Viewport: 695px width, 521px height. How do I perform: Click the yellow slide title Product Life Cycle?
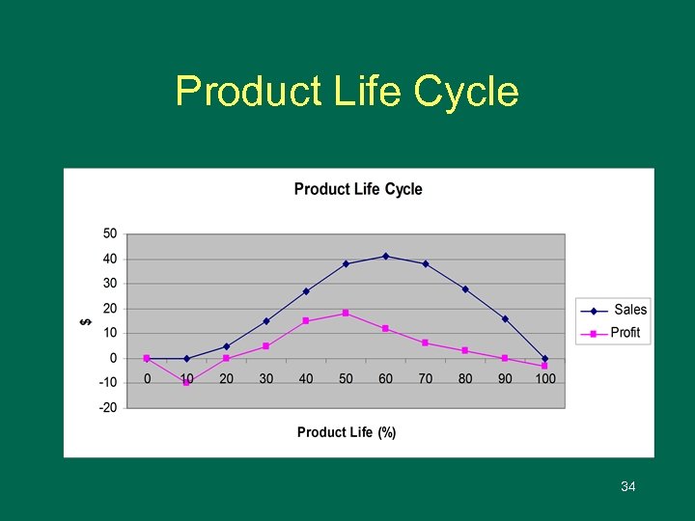[347, 92]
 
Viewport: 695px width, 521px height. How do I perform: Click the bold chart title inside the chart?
[358, 189]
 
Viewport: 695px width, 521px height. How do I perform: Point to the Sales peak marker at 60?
[386, 257]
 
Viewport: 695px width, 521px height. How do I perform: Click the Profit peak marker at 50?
[346, 313]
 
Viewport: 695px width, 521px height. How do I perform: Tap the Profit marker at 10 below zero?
[186, 383]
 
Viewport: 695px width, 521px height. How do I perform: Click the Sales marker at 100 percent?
[545, 359]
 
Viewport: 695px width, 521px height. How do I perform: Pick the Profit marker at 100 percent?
[545, 366]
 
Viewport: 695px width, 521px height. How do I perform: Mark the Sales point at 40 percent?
[306, 290]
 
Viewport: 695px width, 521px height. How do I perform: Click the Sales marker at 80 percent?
[465, 289]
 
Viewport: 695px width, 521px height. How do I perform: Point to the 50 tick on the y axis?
[110, 233]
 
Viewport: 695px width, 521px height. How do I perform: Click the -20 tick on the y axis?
[108, 407]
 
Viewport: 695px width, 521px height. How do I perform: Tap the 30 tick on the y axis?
[110, 284]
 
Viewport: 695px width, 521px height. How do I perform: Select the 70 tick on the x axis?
[426, 378]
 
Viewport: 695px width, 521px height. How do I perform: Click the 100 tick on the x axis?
[545, 378]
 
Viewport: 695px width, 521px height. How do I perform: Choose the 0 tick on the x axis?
[147, 378]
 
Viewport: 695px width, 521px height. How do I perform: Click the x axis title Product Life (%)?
[347, 432]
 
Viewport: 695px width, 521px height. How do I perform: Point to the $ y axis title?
[85, 321]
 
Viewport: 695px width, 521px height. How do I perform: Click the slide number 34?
[628, 487]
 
